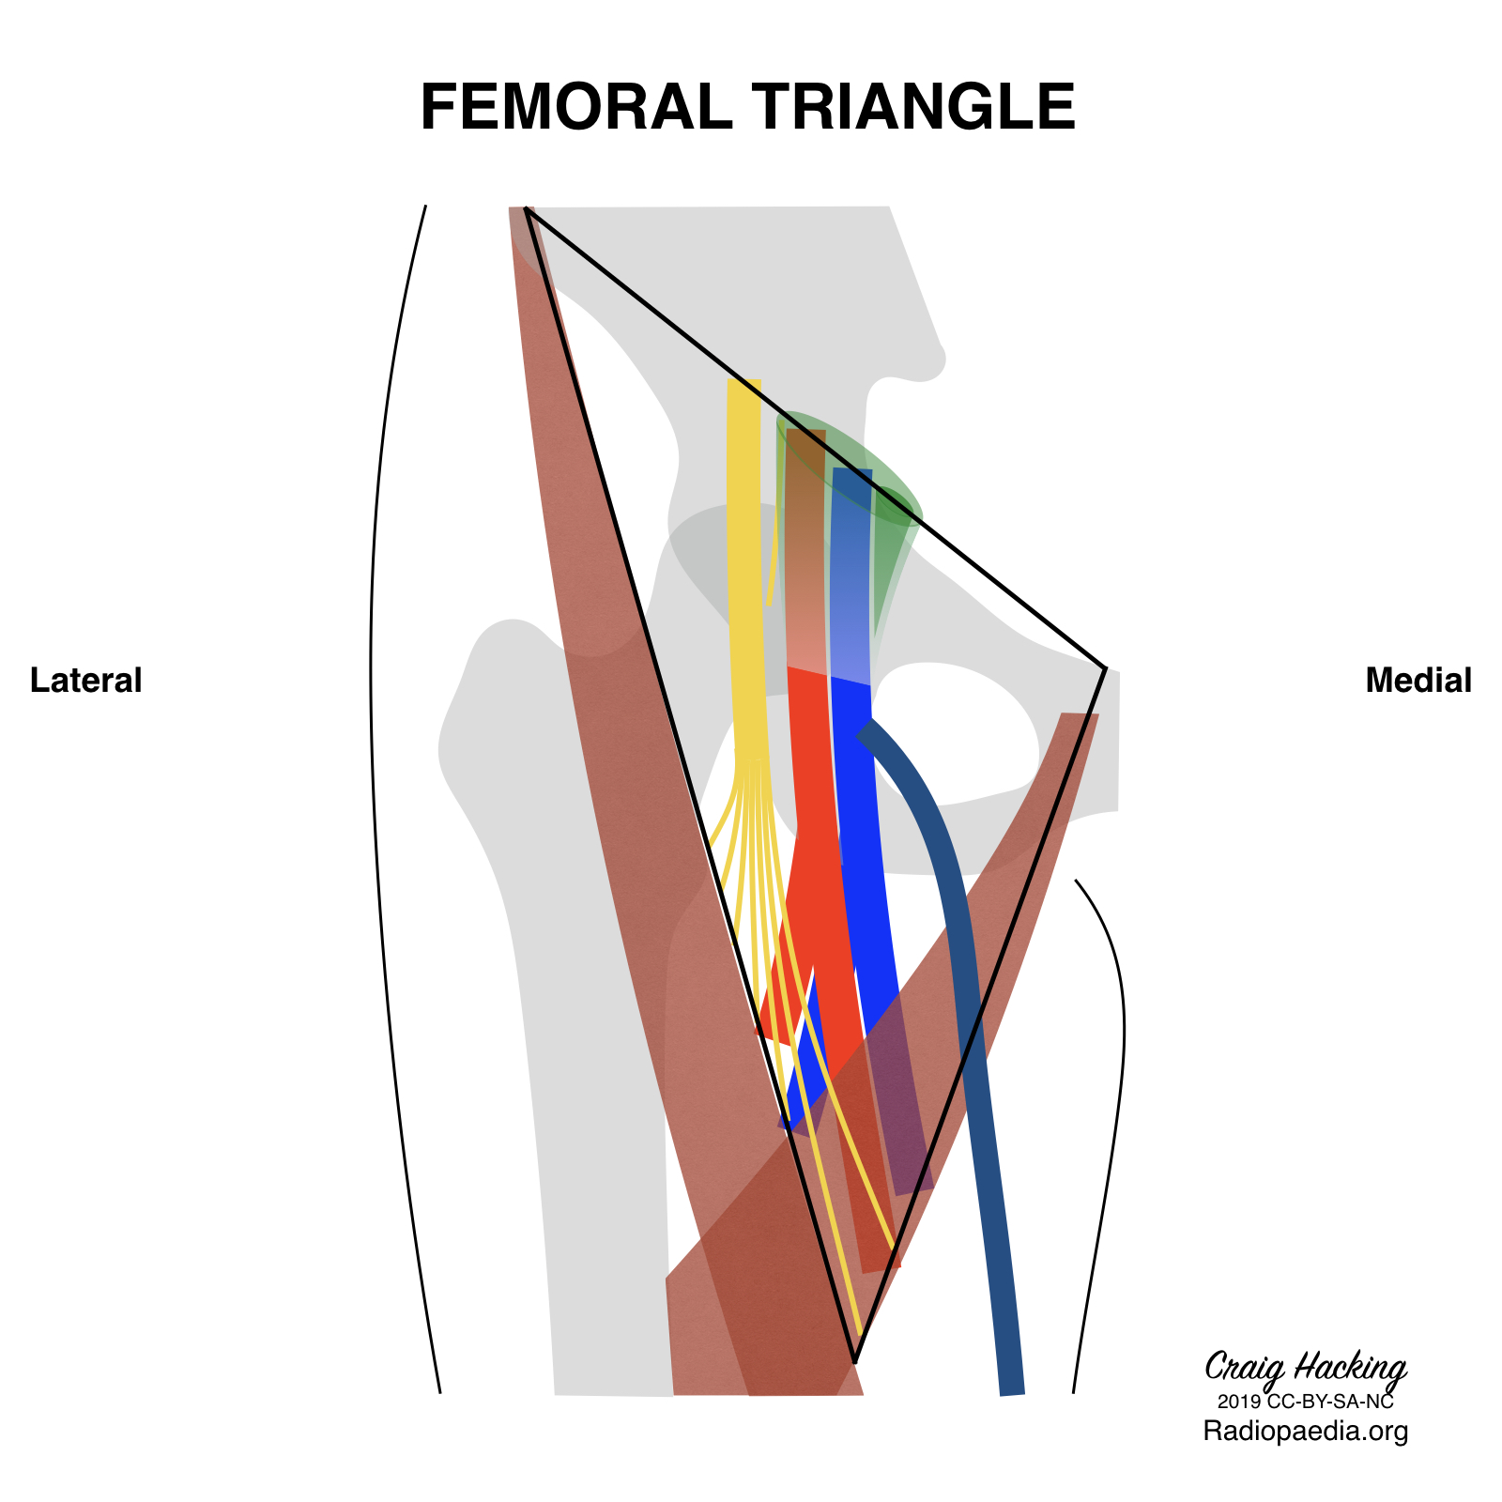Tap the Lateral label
tap(85, 681)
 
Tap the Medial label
tap(1418, 681)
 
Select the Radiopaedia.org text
tap(1305, 1432)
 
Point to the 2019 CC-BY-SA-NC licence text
tap(1305, 1402)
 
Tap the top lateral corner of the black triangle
tap(527, 209)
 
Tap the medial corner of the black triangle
tap(1106, 668)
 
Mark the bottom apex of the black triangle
tap(854, 1360)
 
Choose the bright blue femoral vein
tap(859, 845)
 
